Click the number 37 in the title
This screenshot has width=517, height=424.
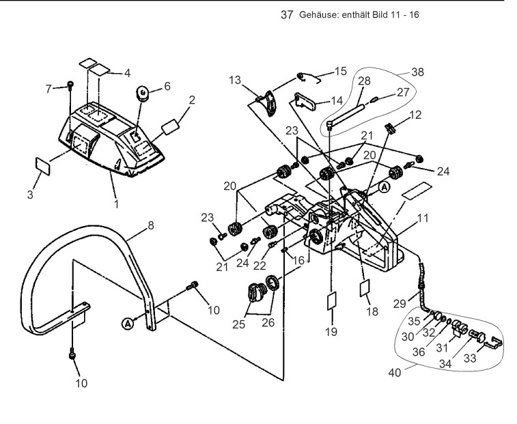click(287, 15)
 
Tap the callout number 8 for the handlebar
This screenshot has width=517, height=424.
click(151, 225)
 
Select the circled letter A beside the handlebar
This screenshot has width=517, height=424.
click(128, 324)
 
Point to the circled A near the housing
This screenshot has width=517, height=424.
click(384, 187)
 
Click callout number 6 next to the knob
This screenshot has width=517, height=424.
click(167, 87)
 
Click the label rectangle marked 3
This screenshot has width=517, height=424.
click(42, 166)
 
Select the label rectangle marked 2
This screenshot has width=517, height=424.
click(170, 127)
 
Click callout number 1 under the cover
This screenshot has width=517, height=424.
click(116, 203)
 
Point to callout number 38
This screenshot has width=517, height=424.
click(418, 72)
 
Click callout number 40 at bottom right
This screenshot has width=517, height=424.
click(395, 373)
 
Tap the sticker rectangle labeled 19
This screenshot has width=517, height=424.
click(331, 301)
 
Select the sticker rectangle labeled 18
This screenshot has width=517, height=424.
click(365, 289)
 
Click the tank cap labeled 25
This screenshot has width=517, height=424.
click(254, 292)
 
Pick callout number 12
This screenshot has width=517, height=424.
click(415, 115)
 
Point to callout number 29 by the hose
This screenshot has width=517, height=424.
click(400, 304)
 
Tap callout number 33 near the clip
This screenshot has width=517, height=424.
click(470, 358)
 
